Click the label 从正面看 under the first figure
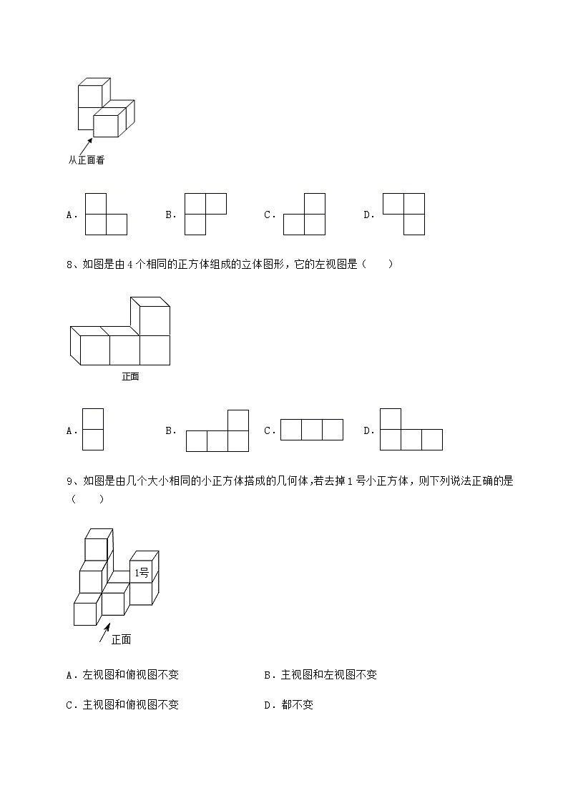coord(87,160)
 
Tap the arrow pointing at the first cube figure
coord(86,146)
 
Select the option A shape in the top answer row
coord(106,215)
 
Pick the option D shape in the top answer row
coord(404,214)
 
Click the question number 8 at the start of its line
coord(69,265)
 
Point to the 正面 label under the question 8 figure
coord(130,376)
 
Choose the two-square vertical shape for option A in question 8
coord(93,429)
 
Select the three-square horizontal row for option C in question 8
coord(311,430)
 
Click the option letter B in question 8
coord(170,430)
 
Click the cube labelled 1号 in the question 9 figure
coord(142,572)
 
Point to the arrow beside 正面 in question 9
coord(104,631)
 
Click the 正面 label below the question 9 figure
coord(122,639)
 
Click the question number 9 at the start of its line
coord(69,481)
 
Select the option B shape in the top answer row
coord(205,214)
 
